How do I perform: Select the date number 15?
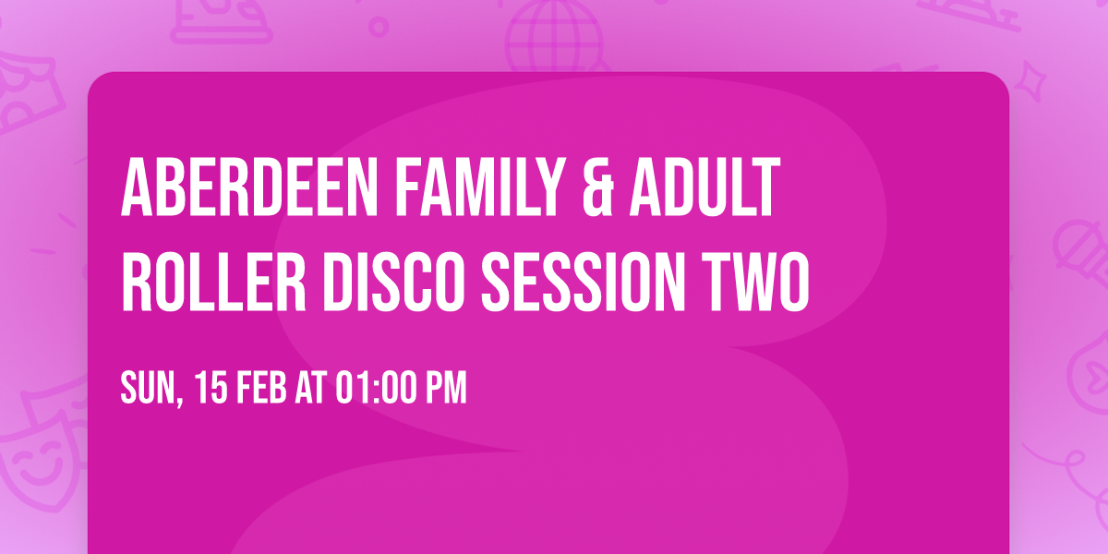[211, 388]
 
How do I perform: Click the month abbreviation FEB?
[263, 388]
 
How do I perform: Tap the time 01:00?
[377, 388]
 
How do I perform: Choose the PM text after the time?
[446, 388]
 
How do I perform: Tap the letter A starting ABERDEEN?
[135, 189]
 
